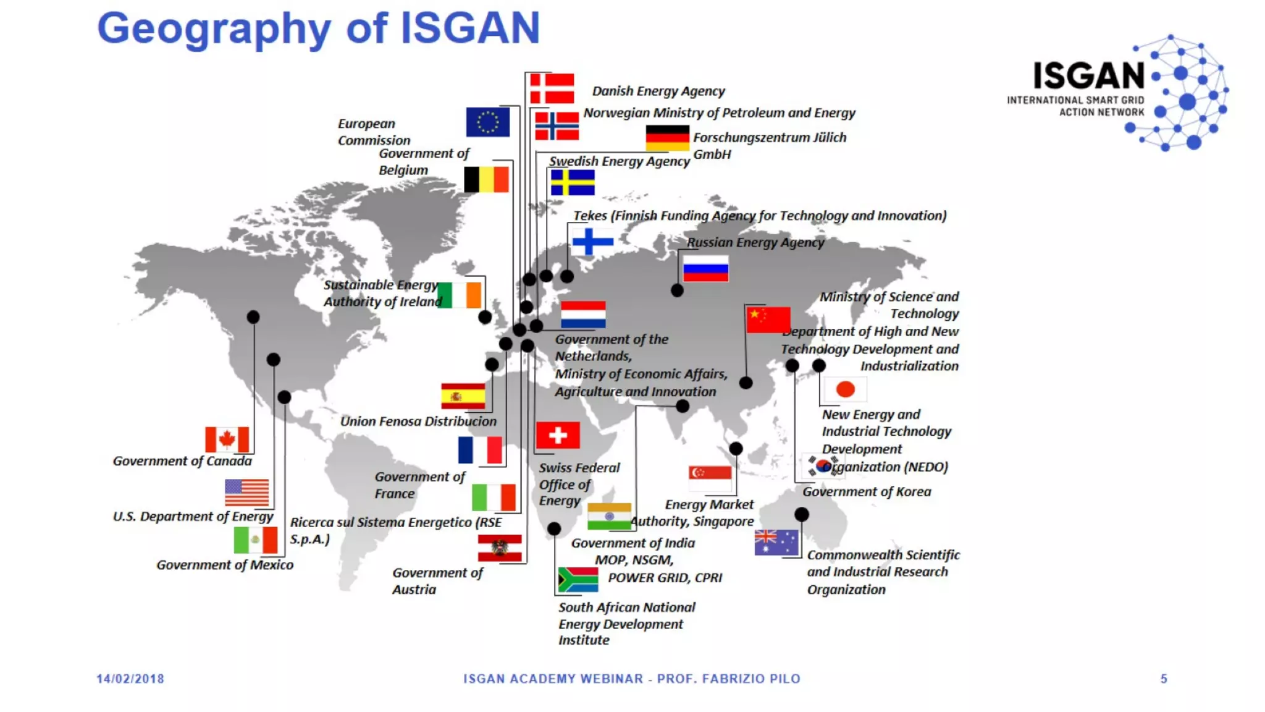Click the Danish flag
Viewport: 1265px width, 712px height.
tap(552, 88)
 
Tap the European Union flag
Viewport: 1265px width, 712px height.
tap(487, 122)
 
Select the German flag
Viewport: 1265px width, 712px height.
tap(667, 138)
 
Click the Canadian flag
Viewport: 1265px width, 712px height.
tap(227, 439)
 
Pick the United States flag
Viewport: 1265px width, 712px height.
tap(246, 493)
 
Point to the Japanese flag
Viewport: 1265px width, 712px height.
tap(845, 389)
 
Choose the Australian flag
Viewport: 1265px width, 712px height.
tap(776, 543)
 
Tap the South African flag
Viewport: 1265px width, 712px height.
tap(578, 580)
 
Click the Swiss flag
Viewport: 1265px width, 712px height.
tap(558, 435)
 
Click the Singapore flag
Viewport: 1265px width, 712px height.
tap(710, 478)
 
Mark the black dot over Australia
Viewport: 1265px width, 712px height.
tap(801, 514)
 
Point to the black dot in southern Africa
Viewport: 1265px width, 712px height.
tap(554, 529)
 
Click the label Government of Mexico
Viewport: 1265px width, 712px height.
tap(225, 565)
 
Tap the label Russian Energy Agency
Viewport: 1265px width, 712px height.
tap(755, 242)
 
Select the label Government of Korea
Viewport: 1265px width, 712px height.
tap(867, 492)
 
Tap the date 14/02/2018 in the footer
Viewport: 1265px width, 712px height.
tap(130, 679)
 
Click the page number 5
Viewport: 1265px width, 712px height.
tap(1164, 679)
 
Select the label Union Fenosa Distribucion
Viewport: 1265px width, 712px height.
tap(418, 422)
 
